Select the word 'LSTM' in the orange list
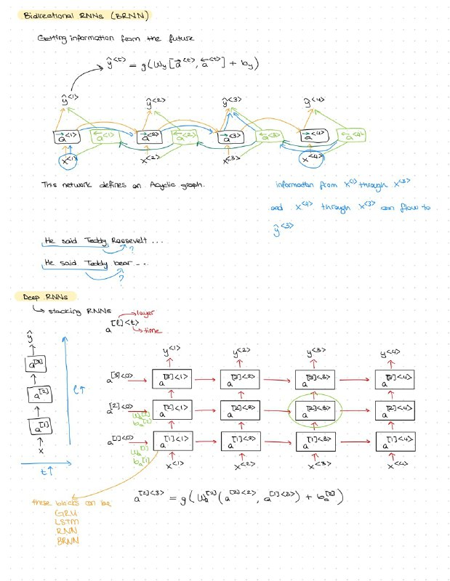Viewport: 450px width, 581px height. pyautogui.click(x=65, y=523)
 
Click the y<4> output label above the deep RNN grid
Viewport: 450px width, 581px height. pyautogui.click(x=391, y=354)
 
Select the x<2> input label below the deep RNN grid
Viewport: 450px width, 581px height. pyautogui.click(x=242, y=463)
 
